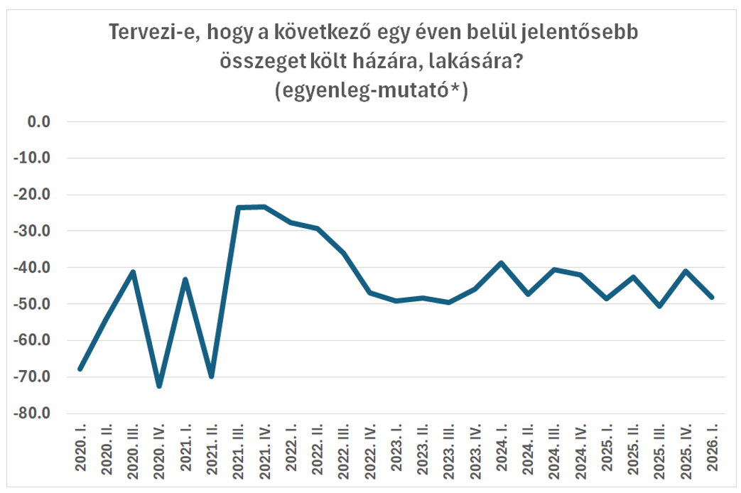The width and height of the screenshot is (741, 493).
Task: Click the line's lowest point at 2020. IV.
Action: pos(159,386)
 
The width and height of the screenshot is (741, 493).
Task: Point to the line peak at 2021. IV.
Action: pos(264,207)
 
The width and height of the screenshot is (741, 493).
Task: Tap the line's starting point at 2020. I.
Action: pos(80,369)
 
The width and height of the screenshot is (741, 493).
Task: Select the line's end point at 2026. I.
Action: pos(713,297)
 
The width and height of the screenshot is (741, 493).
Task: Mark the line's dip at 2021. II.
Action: pos(212,376)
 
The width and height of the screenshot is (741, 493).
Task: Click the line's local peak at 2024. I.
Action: pos(502,263)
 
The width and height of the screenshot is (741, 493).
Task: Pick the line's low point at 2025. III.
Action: pos(660,306)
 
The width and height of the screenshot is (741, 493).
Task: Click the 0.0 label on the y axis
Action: pos(38,122)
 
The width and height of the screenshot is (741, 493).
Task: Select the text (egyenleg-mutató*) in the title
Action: pos(370,92)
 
